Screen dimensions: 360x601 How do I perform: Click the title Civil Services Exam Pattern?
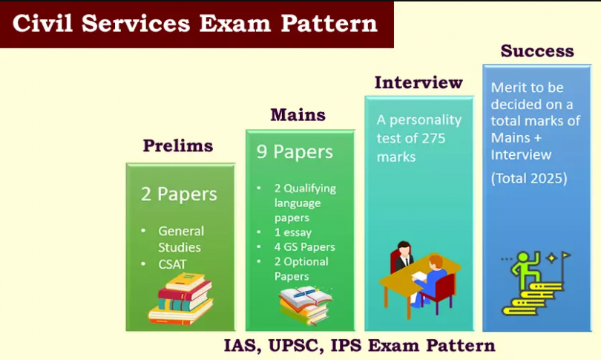click(195, 23)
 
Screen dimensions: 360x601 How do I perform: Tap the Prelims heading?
click(177, 145)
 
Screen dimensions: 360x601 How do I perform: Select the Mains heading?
click(297, 115)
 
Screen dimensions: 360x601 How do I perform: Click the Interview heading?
click(418, 82)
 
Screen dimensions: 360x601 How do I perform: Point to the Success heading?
click(537, 51)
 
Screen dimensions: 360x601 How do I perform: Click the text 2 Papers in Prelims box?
click(179, 194)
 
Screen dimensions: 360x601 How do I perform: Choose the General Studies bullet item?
click(180, 239)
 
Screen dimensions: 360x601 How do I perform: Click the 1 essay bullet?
click(289, 232)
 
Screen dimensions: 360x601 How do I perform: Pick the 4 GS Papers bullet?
click(304, 247)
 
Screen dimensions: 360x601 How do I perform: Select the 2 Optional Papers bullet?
click(301, 269)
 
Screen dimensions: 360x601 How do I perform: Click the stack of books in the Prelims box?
click(180, 298)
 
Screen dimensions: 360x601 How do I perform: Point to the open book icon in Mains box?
click(304, 303)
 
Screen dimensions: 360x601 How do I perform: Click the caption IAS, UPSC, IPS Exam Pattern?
click(359, 346)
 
